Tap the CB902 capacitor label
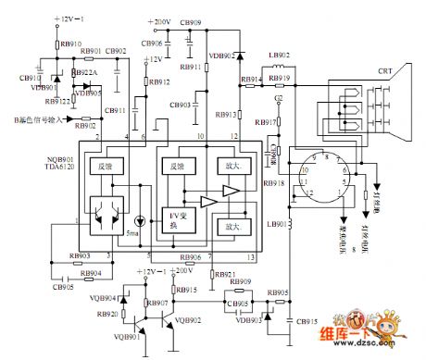pyautogui.click(x=117, y=52)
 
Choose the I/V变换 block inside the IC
pyautogui.click(x=176, y=217)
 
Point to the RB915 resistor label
pyautogui.click(x=186, y=290)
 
